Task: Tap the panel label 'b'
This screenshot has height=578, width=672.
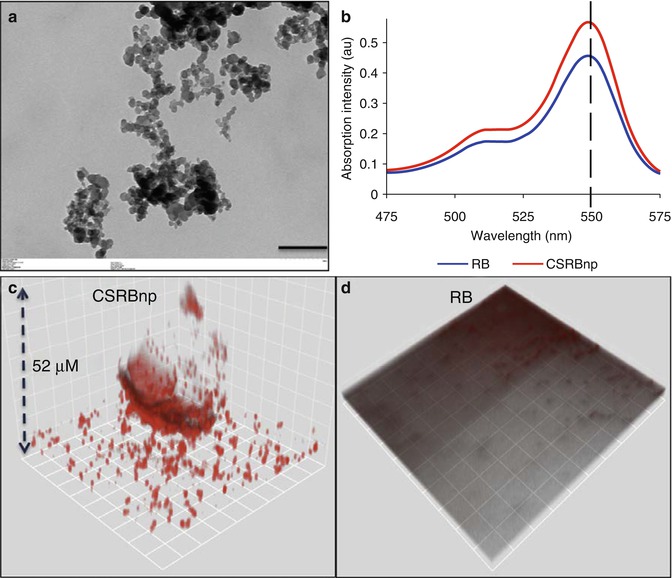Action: pos(346,16)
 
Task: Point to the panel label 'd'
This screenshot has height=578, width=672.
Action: pos(347,291)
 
